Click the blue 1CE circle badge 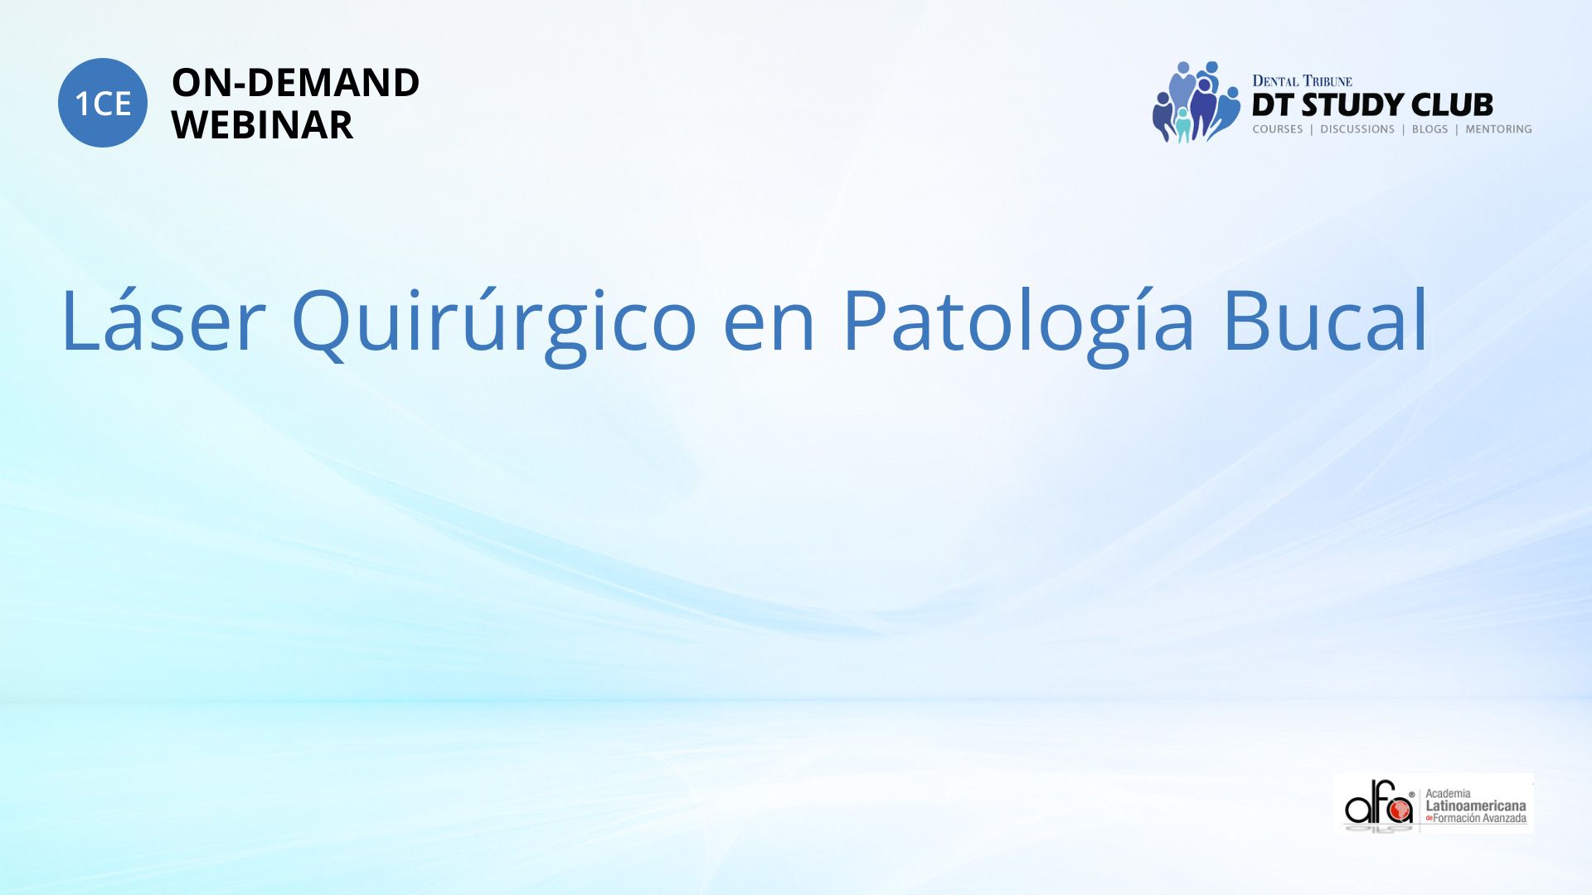(103, 103)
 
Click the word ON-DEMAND (295, 83)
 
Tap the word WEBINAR (262, 125)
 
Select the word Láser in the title (163, 320)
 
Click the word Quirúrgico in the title (493, 323)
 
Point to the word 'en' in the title (769, 329)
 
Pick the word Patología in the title (1018, 323)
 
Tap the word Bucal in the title (1325, 320)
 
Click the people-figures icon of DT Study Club (1196, 102)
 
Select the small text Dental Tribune (1302, 81)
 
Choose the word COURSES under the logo (1278, 129)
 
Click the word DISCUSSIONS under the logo (1357, 129)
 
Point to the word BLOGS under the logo (1429, 129)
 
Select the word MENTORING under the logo (1498, 129)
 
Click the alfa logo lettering (1378, 804)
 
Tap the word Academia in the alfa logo (1448, 793)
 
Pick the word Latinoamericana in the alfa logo (1475, 805)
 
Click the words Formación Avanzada (1479, 819)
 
